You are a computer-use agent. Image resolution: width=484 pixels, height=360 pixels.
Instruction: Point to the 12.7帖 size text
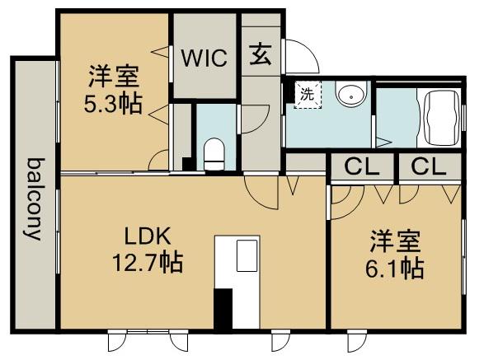[x=148, y=263]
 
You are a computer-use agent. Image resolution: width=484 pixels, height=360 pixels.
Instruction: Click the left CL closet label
[x=362, y=166]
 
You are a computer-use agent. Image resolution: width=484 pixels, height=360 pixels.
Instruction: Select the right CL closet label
[x=429, y=166]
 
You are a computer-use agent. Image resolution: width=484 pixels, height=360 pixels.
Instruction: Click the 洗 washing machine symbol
[x=306, y=94]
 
